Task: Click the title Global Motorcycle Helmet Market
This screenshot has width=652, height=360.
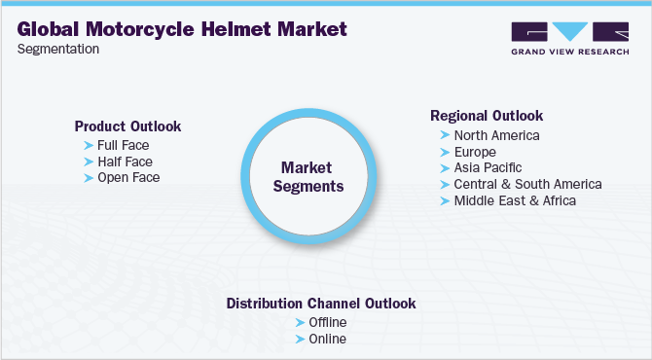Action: click(x=182, y=29)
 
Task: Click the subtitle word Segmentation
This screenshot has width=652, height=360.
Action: click(x=57, y=50)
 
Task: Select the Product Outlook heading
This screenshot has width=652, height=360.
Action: click(x=127, y=126)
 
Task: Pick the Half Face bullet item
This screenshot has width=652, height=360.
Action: click(x=125, y=161)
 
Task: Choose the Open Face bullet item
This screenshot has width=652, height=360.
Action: click(x=128, y=177)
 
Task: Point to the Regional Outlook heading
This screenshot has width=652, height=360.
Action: click(x=487, y=116)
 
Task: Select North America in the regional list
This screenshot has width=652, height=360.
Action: click(x=496, y=135)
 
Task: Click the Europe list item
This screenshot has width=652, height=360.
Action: click(x=475, y=152)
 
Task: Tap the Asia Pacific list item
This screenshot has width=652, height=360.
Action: click(x=488, y=167)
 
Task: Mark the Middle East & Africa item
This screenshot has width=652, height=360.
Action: click(x=515, y=200)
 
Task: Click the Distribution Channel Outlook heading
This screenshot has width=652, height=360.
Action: click(x=321, y=304)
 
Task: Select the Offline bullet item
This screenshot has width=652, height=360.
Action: click(x=328, y=322)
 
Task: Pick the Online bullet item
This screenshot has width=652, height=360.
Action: click(x=327, y=339)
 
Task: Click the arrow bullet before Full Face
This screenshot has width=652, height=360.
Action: click(x=89, y=144)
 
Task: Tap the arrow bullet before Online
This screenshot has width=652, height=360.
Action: click(x=300, y=339)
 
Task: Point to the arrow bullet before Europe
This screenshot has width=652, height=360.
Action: click(x=445, y=152)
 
